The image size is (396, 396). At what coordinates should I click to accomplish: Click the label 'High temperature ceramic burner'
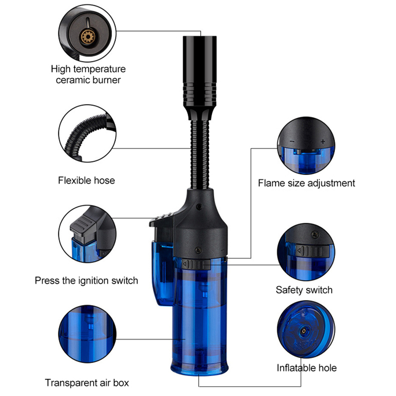pos(88,74)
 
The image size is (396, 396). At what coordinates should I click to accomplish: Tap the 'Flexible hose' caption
pos(86,181)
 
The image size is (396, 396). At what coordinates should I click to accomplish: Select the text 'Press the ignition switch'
pos(86,281)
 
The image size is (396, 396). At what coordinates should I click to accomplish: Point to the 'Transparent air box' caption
pos(87,383)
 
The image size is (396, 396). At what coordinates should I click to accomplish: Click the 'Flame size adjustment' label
pos(307,183)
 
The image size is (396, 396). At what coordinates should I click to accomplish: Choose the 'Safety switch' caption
pos(304,290)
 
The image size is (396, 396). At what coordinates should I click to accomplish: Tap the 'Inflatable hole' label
pos(307,368)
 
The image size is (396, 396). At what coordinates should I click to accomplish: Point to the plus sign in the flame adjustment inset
pos(323,142)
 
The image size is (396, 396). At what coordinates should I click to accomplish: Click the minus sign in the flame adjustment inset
pos(292,141)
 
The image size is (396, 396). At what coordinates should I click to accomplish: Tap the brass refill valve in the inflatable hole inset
pos(304,331)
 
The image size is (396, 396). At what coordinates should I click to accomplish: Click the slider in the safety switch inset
pos(313,251)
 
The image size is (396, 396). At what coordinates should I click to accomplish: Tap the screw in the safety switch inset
pos(315,234)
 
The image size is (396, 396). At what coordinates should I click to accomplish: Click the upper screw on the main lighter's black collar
pos(200,207)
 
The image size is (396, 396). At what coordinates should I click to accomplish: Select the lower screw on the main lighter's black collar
pos(198,250)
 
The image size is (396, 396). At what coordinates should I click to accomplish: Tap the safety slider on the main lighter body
pos(196,265)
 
